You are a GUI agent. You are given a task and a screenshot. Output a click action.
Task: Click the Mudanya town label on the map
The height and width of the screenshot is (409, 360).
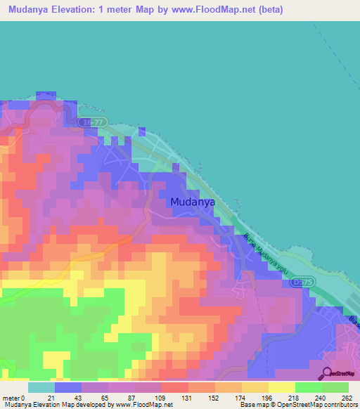(x=192, y=202)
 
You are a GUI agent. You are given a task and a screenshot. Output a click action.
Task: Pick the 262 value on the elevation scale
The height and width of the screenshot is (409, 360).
(x=347, y=397)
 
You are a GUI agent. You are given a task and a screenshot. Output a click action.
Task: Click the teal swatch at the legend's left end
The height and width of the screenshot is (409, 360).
(x=41, y=387)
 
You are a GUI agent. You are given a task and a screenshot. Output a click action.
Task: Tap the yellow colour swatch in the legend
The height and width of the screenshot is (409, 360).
(x=281, y=387)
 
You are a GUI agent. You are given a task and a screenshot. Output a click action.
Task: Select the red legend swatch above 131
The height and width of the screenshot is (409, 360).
(x=174, y=387)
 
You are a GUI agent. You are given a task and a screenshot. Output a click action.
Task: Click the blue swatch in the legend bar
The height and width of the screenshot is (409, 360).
(x=67, y=387)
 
